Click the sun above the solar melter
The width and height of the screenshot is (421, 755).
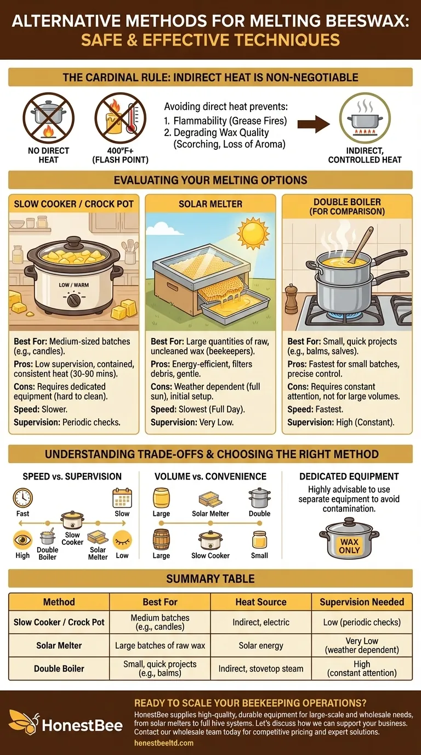pyautogui.click(x=253, y=233)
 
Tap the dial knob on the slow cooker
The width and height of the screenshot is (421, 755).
pyautogui.click(x=73, y=300)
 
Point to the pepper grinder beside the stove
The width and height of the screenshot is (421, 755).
pyautogui.click(x=291, y=298)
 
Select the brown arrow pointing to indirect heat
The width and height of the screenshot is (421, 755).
pyautogui.click(x=314, y=123)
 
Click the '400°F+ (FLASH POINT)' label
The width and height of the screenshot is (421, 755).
pyautogui.click(x=120, y=155)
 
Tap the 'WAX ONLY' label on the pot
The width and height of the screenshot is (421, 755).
pyautogui.click(x=349, y=546)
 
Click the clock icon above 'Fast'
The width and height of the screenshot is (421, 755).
pyautogui.click(x=23, y=498)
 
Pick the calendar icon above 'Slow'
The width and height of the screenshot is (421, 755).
pyautogui.click(x=122, y=498)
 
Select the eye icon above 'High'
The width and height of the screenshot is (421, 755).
pyautogui.click(x=22, y=540)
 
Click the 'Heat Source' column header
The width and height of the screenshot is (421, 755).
pyautogui.click(x=261, y=601)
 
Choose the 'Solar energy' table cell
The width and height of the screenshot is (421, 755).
pyautogui.click(x=261, y=645)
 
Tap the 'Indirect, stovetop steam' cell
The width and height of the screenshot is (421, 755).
pyautogui.click(x=261, y=668)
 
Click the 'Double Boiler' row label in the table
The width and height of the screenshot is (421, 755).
pyautogui.click(x=59, y=668)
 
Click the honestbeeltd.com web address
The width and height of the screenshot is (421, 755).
pyautogui.click(x=164, y=743)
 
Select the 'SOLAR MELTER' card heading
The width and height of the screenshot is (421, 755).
pyautogui.click(x=210, y=204)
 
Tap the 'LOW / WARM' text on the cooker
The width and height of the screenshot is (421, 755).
pyautogui.click(x=74, y=285)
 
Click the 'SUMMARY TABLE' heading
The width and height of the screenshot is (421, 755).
pyautogui.click(x=210, y=579)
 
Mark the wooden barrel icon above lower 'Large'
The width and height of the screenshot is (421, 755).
pyautogui.click(x=161, y=539)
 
